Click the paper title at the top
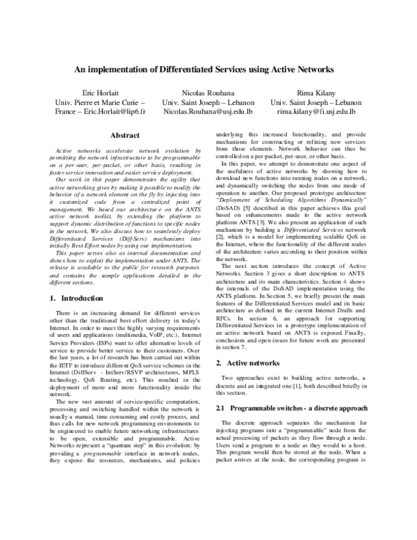tap(208, 70)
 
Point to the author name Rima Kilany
tap(316, 93)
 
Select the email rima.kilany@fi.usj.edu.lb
tap(316, 111)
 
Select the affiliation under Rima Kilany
tap(316, 102)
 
